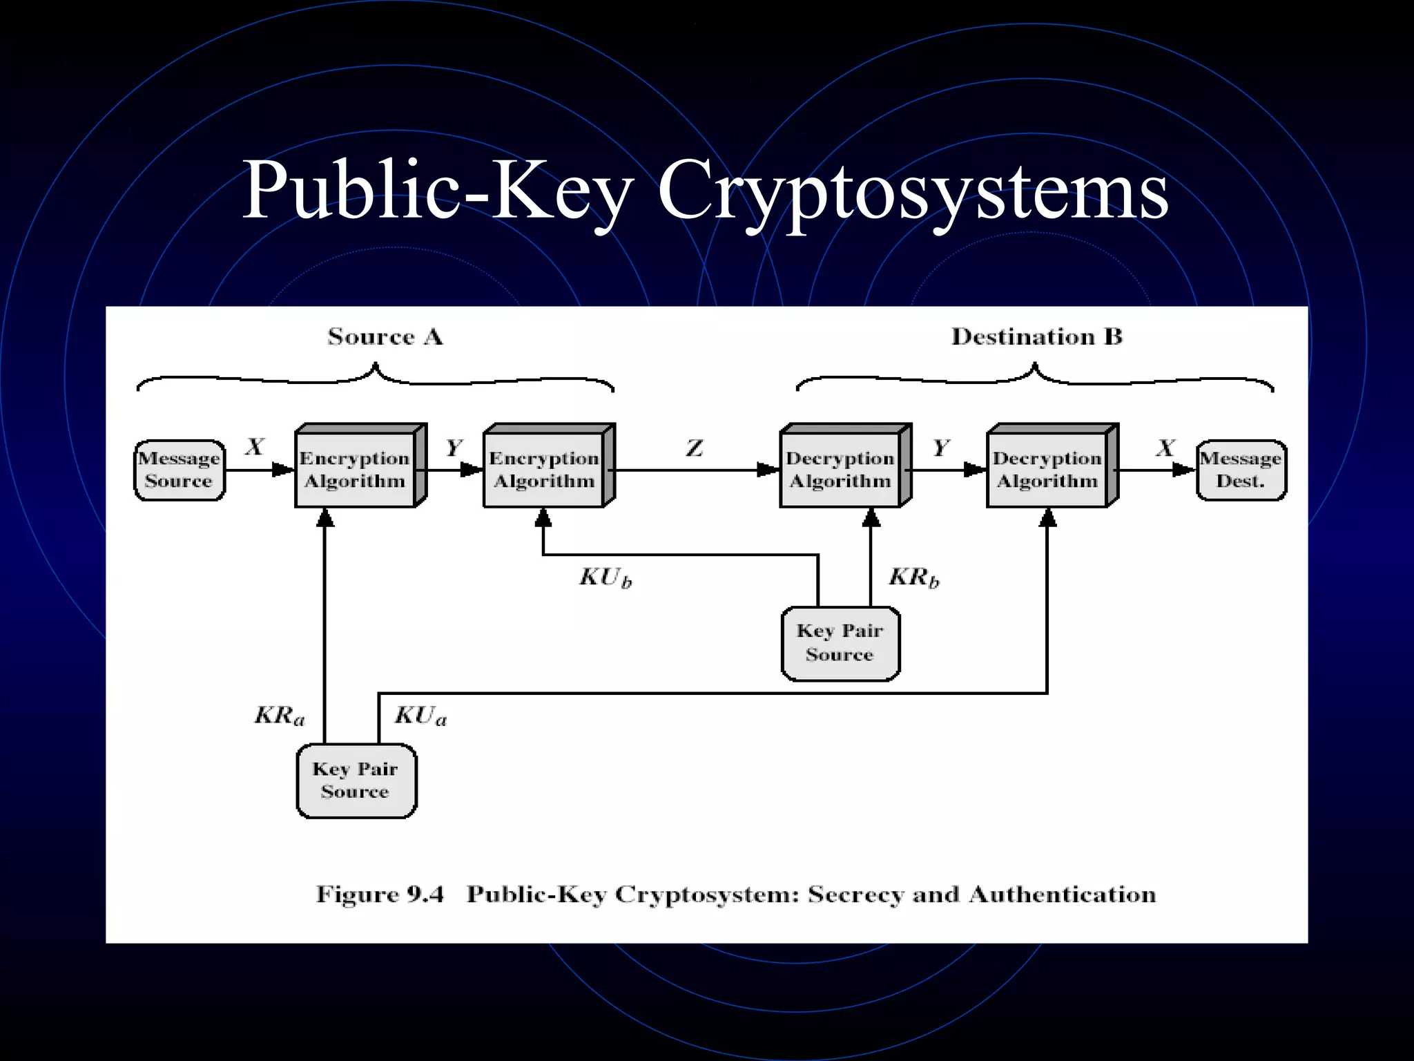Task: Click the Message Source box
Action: pos(180,470)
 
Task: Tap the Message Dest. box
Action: pos(1241,470)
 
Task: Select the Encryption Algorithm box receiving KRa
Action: pos(355,470)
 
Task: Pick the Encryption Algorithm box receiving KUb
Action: pos(544,470)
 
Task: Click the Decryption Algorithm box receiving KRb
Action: pos(840,470)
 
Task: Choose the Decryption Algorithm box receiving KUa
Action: pos(1047,470)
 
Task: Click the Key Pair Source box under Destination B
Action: pos(840,643)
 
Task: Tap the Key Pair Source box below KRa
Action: pos(356,781)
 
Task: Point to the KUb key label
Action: pos(605,577)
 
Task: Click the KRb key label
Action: pos(913,577)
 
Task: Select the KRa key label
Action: pos(279,716)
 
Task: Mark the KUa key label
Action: pos(420,716)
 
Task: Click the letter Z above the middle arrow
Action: pos(695,449)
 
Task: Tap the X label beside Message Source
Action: pos(255,447)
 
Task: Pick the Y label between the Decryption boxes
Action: pos(941,448)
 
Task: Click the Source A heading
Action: pos(385,337)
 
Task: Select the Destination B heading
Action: pos(1036,337)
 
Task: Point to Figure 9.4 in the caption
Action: pos(380,895)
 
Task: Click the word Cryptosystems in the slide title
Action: pos(912,190)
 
